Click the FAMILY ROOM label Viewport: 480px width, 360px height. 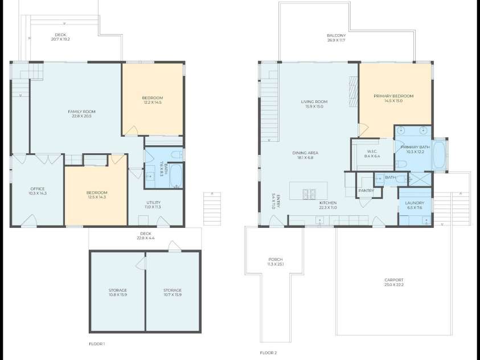[x=81, y=111]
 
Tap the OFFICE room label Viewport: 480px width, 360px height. [x=37, y=189]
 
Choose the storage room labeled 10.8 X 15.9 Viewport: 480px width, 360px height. [x=118, y=290]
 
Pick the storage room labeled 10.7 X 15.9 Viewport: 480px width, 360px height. [x=173, y=290]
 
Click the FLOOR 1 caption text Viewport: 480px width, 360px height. [x=97, y=344]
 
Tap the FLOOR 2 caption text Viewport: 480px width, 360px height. [x=268, y=353]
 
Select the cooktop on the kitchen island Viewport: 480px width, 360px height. [x=309, y=193]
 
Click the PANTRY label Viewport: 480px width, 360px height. [x=366, y=191]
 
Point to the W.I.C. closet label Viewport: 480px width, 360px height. [x=372, y=151]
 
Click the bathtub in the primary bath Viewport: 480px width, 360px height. [x=438, y=154]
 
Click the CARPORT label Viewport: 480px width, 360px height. [x=393, y=280]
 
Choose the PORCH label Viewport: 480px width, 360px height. [x=275, y=259]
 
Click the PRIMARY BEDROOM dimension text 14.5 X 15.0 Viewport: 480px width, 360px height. [x=393, y=101]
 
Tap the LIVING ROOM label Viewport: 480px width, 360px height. [x=314, y=102]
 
